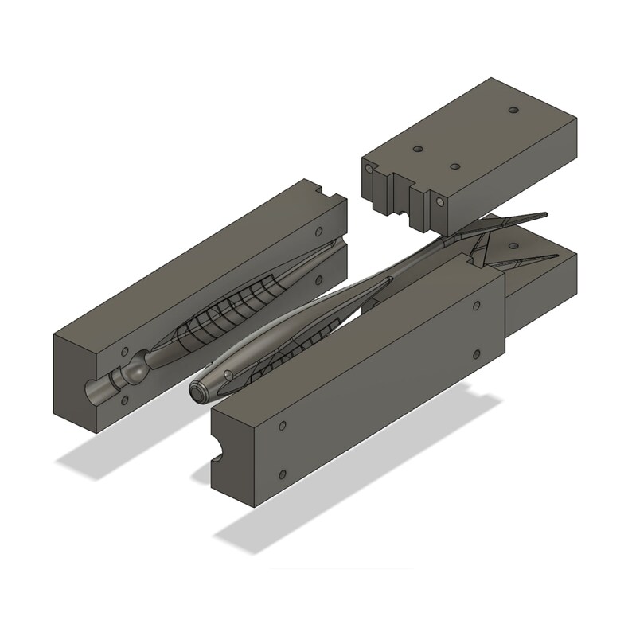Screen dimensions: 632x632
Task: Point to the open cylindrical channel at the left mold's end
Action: pyautogui.click(x=99, y=392)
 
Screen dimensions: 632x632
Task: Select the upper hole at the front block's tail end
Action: pyautogui.click(x=476, y=306)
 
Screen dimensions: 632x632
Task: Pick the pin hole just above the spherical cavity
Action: pyautogui.click(x=125, y=351)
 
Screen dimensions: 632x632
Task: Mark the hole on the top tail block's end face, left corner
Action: pyautogui.click(x=370, y=169)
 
